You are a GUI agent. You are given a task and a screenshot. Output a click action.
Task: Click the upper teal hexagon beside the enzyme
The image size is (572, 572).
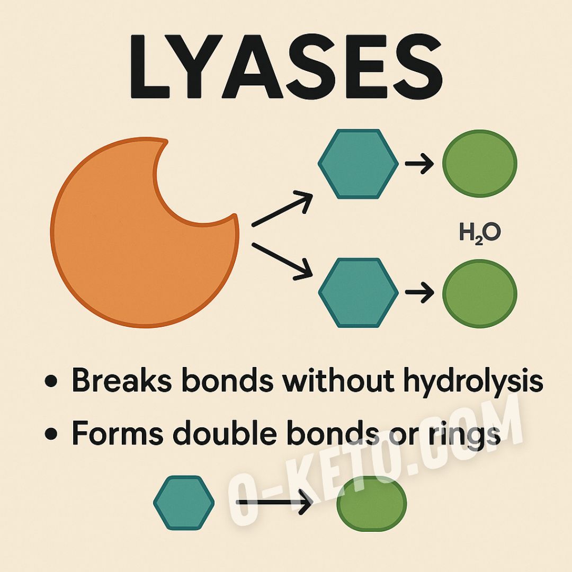coord(358,164)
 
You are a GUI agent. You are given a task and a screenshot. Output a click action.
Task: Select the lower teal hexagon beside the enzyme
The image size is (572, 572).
coord(358,293)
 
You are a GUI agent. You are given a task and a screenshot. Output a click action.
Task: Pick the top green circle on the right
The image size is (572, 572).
coord(479,164)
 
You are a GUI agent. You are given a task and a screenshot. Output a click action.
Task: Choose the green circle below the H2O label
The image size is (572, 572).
coord(479,293)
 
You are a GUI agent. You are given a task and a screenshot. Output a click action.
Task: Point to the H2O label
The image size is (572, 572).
coord(479,234)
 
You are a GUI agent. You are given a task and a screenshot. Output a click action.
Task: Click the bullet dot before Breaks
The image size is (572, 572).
coord(51,382)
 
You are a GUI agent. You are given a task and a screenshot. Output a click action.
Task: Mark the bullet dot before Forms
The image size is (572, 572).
coord(51,435)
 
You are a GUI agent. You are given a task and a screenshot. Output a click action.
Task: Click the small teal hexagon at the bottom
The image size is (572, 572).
coord(184,503)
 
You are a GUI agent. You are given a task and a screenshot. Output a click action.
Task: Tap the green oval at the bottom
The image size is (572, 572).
coord(372,503)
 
